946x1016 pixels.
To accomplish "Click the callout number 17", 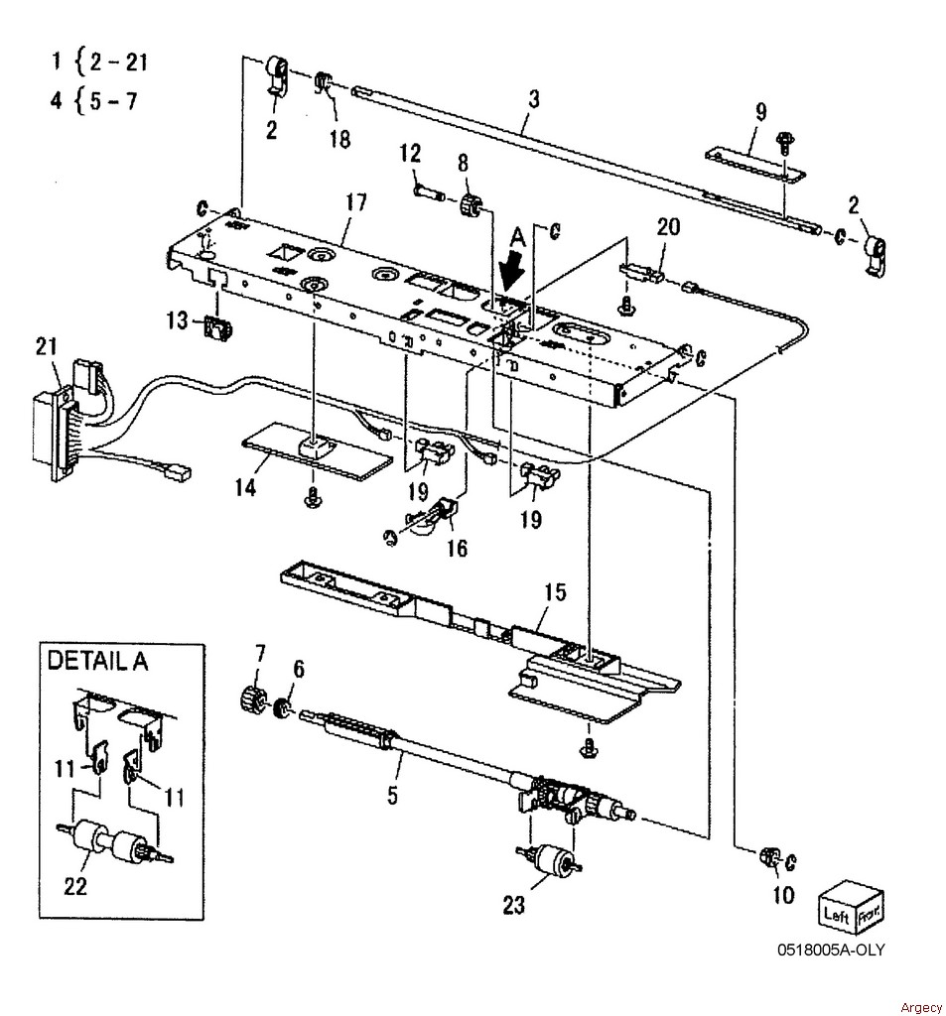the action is (356, 202).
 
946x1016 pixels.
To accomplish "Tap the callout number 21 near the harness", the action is (46, 346).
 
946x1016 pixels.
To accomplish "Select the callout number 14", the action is (245, 486).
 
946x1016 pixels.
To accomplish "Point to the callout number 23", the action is (513, 905).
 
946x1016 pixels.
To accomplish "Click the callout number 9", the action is (761, 111).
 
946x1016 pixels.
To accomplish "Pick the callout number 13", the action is (177, 320).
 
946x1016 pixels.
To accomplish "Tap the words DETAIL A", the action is (98, 660).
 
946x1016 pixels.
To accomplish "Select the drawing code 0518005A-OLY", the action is (831, 950).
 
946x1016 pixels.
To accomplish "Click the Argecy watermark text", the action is (921, 1008).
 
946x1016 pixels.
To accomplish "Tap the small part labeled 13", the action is (217, 327).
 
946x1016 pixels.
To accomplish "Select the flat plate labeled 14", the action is (317, 451).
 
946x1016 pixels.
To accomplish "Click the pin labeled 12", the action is (429, 191).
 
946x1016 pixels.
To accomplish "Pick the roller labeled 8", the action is (472, 205).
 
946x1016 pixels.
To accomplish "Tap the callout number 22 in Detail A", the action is (75, 885).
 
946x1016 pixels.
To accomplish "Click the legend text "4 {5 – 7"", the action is (94, 101).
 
